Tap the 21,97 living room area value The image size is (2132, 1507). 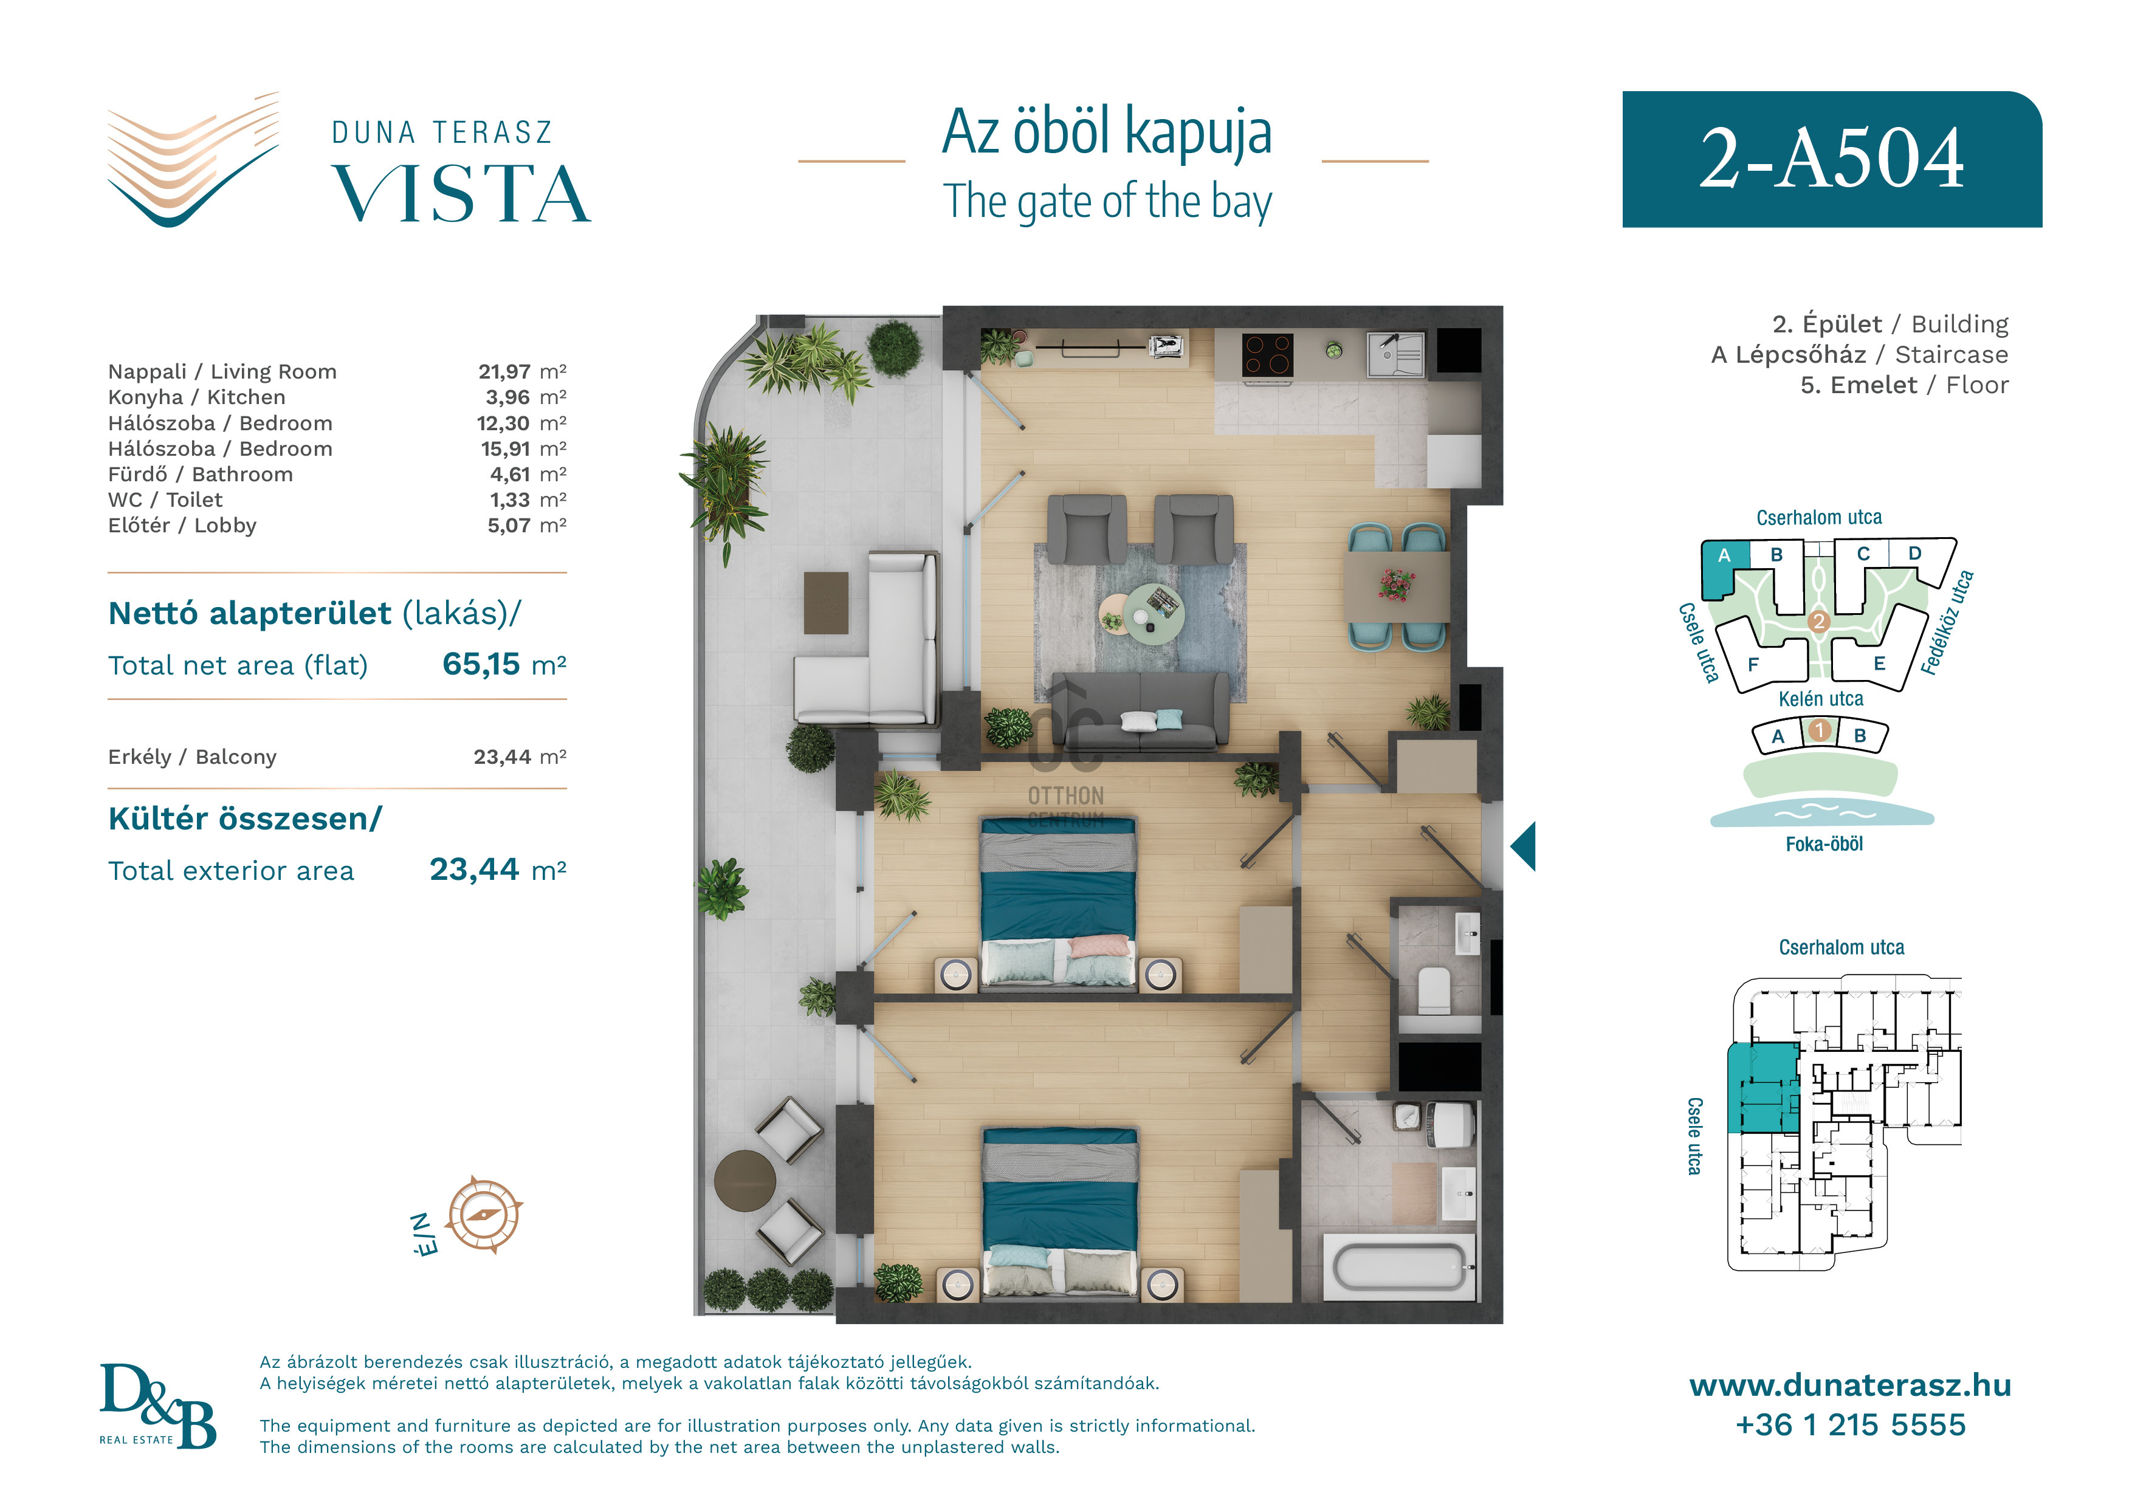[504, 371]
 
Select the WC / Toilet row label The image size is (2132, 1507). [165, 499]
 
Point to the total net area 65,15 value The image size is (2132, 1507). [481, 664]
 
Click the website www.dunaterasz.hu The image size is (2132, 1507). [1850, 1385]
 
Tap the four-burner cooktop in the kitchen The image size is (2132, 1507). [1268, 354]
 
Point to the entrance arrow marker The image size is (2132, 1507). [1523, 846]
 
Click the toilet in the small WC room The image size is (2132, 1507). [1435, 990]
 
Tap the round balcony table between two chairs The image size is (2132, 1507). [744, 1180]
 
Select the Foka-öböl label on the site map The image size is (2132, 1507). [1824, 844]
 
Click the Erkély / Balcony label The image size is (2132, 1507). [192, 757]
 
